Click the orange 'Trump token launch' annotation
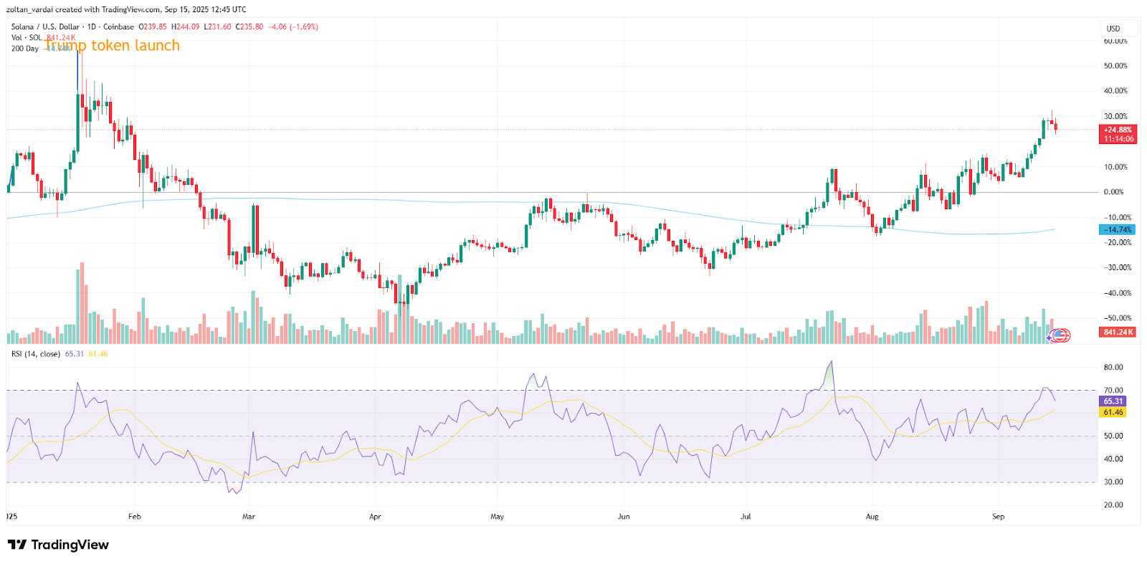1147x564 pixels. coord(112,46)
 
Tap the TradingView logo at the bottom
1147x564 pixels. coord(59,545)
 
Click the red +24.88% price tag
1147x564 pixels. coord(1118,130)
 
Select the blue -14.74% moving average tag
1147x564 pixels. coord(1117,230)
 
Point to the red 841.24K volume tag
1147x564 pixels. coord(1117,333)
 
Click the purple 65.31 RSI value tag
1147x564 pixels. coord(1113,401)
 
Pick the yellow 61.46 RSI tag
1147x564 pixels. coord(1113,412)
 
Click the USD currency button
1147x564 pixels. coord(1113,29)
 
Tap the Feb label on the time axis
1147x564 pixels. coord(134,516)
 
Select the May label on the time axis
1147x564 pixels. coord(497,516)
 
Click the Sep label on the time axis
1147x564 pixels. coord(998,516)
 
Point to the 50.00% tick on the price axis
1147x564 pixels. coord(1115,66)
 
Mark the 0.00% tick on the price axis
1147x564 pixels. coord(1114,192)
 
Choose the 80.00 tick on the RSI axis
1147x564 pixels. coord(1113,368)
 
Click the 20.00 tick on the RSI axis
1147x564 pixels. coord(1113,505)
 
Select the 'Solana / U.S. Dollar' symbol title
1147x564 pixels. coord(45,27)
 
